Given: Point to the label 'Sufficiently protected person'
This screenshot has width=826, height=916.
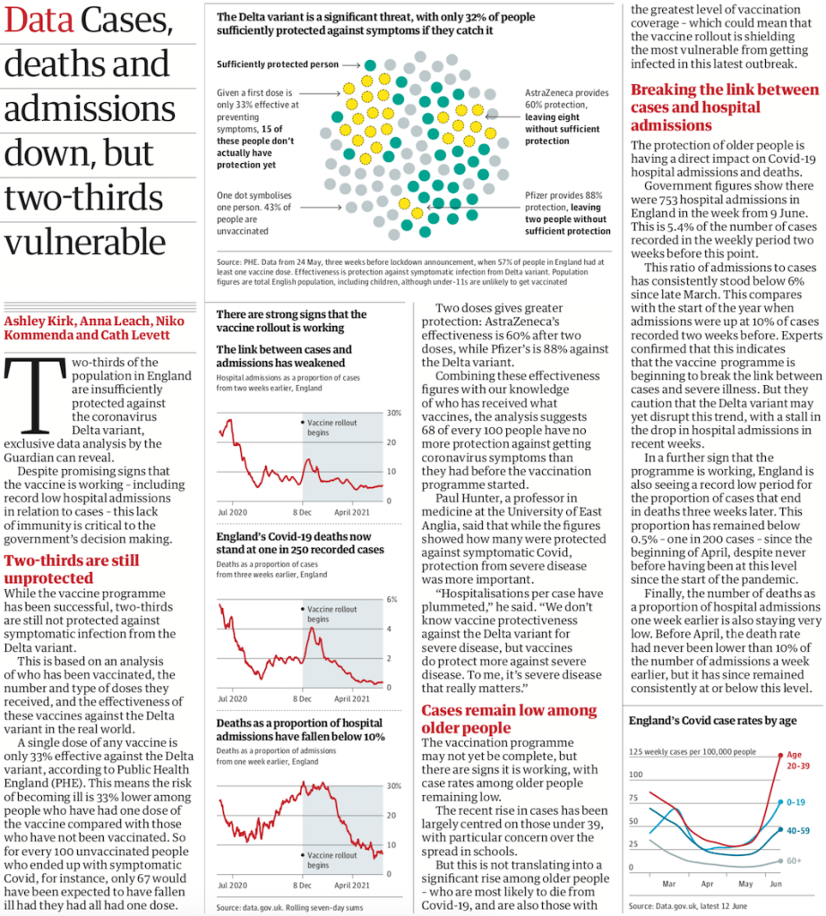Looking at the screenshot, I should pyautogui.click(x=278, y=64).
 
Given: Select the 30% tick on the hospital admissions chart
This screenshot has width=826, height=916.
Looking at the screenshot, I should pyautogui.click(x=392, y=413).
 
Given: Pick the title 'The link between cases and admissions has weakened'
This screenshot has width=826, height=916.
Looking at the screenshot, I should pyautogui.click(x=284, y=355).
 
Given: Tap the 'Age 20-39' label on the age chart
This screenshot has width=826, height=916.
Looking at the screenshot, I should pyautogui.click(x=799, y=760).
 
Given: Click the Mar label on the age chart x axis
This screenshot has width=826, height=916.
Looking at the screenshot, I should pyautogui.click(x=668, y=882).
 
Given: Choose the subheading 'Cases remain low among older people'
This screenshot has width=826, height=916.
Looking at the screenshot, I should pyautogui.click(x=508, y=718).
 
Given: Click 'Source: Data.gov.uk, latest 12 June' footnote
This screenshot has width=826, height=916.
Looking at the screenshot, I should pyautogui.click(x=692, y=907).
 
